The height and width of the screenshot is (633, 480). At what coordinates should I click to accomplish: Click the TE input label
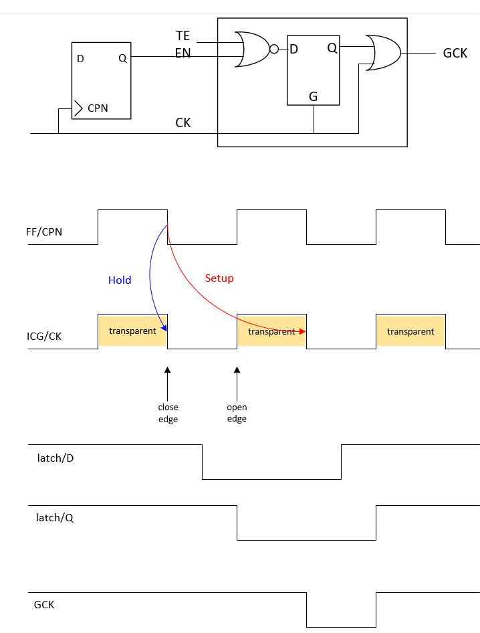coord(183,35)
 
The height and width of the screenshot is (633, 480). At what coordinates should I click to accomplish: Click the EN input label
coord(183,52)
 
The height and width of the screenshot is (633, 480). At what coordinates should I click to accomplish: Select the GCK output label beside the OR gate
coord(455,53)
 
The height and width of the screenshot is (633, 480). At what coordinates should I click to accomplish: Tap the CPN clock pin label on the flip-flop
coord(98,108)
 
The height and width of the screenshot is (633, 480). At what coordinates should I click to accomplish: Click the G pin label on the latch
coord(313,96)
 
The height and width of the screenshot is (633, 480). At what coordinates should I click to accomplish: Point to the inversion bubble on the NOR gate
coord(274,49)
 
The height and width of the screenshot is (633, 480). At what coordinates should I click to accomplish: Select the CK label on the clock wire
coord(183,122)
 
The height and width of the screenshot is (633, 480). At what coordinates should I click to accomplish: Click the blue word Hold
coord(120,280)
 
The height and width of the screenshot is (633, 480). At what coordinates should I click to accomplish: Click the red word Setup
coord(219,278)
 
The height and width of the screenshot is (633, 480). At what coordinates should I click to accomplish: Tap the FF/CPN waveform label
coord(45,232)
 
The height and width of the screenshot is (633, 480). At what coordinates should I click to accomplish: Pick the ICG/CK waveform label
coord(44,336)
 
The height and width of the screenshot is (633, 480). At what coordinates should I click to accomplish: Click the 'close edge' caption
coord(168,413)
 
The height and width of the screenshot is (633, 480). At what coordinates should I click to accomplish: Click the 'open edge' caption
coord(237,413)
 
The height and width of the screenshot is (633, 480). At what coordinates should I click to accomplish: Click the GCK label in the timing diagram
coord(44,605)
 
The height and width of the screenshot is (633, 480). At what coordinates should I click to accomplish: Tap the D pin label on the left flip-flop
coord(80,59)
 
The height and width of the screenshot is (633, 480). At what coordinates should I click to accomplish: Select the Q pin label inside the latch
coord(332,48)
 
